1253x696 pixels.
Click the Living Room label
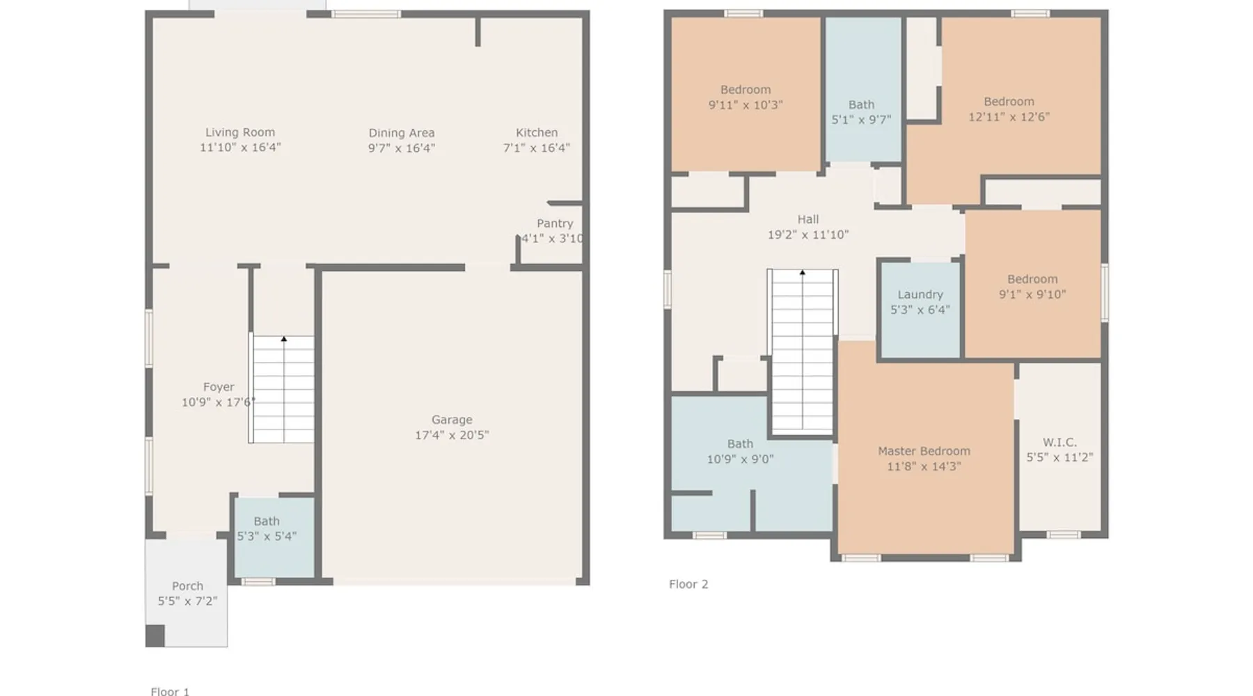point(240,132)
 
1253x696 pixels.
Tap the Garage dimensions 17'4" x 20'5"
point(452,435)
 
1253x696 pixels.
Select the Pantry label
point(555,223)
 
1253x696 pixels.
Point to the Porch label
point(187,586)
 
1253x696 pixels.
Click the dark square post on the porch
point(155,635)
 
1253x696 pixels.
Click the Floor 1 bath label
point(267,521)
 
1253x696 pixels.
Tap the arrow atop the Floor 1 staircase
point(284,339)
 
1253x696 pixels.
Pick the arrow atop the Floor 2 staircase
point(803,272)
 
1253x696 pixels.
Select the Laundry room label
point(920,294)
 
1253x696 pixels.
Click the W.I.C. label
point(1059,442)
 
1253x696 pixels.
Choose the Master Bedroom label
point(924,451)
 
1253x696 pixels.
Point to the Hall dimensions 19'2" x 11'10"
point(808,235)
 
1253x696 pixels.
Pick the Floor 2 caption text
point(688,584)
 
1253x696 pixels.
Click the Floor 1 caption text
point(170,691)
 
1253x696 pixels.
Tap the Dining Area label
point(402,133)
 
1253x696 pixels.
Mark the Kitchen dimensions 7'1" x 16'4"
point(537,148)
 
